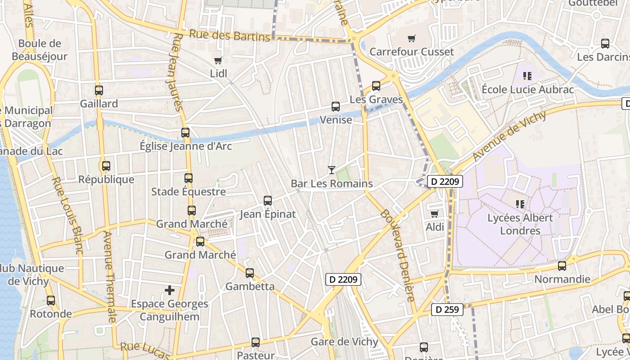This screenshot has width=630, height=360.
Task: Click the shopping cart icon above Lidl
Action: point(218,60)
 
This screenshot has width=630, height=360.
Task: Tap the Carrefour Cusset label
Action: point(411,52)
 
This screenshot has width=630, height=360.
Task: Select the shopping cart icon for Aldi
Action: point(434,214)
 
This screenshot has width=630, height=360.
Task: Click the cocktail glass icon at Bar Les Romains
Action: point(332,170)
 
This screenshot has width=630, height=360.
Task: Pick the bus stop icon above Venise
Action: point(336,107)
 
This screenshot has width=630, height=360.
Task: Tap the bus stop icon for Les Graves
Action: point(376,86)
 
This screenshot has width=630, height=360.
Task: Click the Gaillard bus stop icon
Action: point(99,90)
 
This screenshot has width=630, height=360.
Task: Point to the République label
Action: point(106,180)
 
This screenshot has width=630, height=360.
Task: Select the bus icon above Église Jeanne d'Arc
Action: point(185,133)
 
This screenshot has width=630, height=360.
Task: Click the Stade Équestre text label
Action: point(189,192)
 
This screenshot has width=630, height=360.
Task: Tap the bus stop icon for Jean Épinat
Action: point(268,201)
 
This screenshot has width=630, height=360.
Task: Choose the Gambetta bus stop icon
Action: point(250,273)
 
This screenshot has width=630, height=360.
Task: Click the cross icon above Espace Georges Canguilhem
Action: point(170,290)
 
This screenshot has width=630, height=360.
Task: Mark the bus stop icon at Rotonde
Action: point(51,301)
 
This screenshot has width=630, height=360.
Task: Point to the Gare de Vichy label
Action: point(345,342)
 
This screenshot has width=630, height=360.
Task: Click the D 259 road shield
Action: point(447,310)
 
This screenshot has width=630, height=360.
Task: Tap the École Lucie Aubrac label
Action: point(527,90)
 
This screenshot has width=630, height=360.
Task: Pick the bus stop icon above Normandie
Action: point(562,266)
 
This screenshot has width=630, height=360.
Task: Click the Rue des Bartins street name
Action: point(229,36)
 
